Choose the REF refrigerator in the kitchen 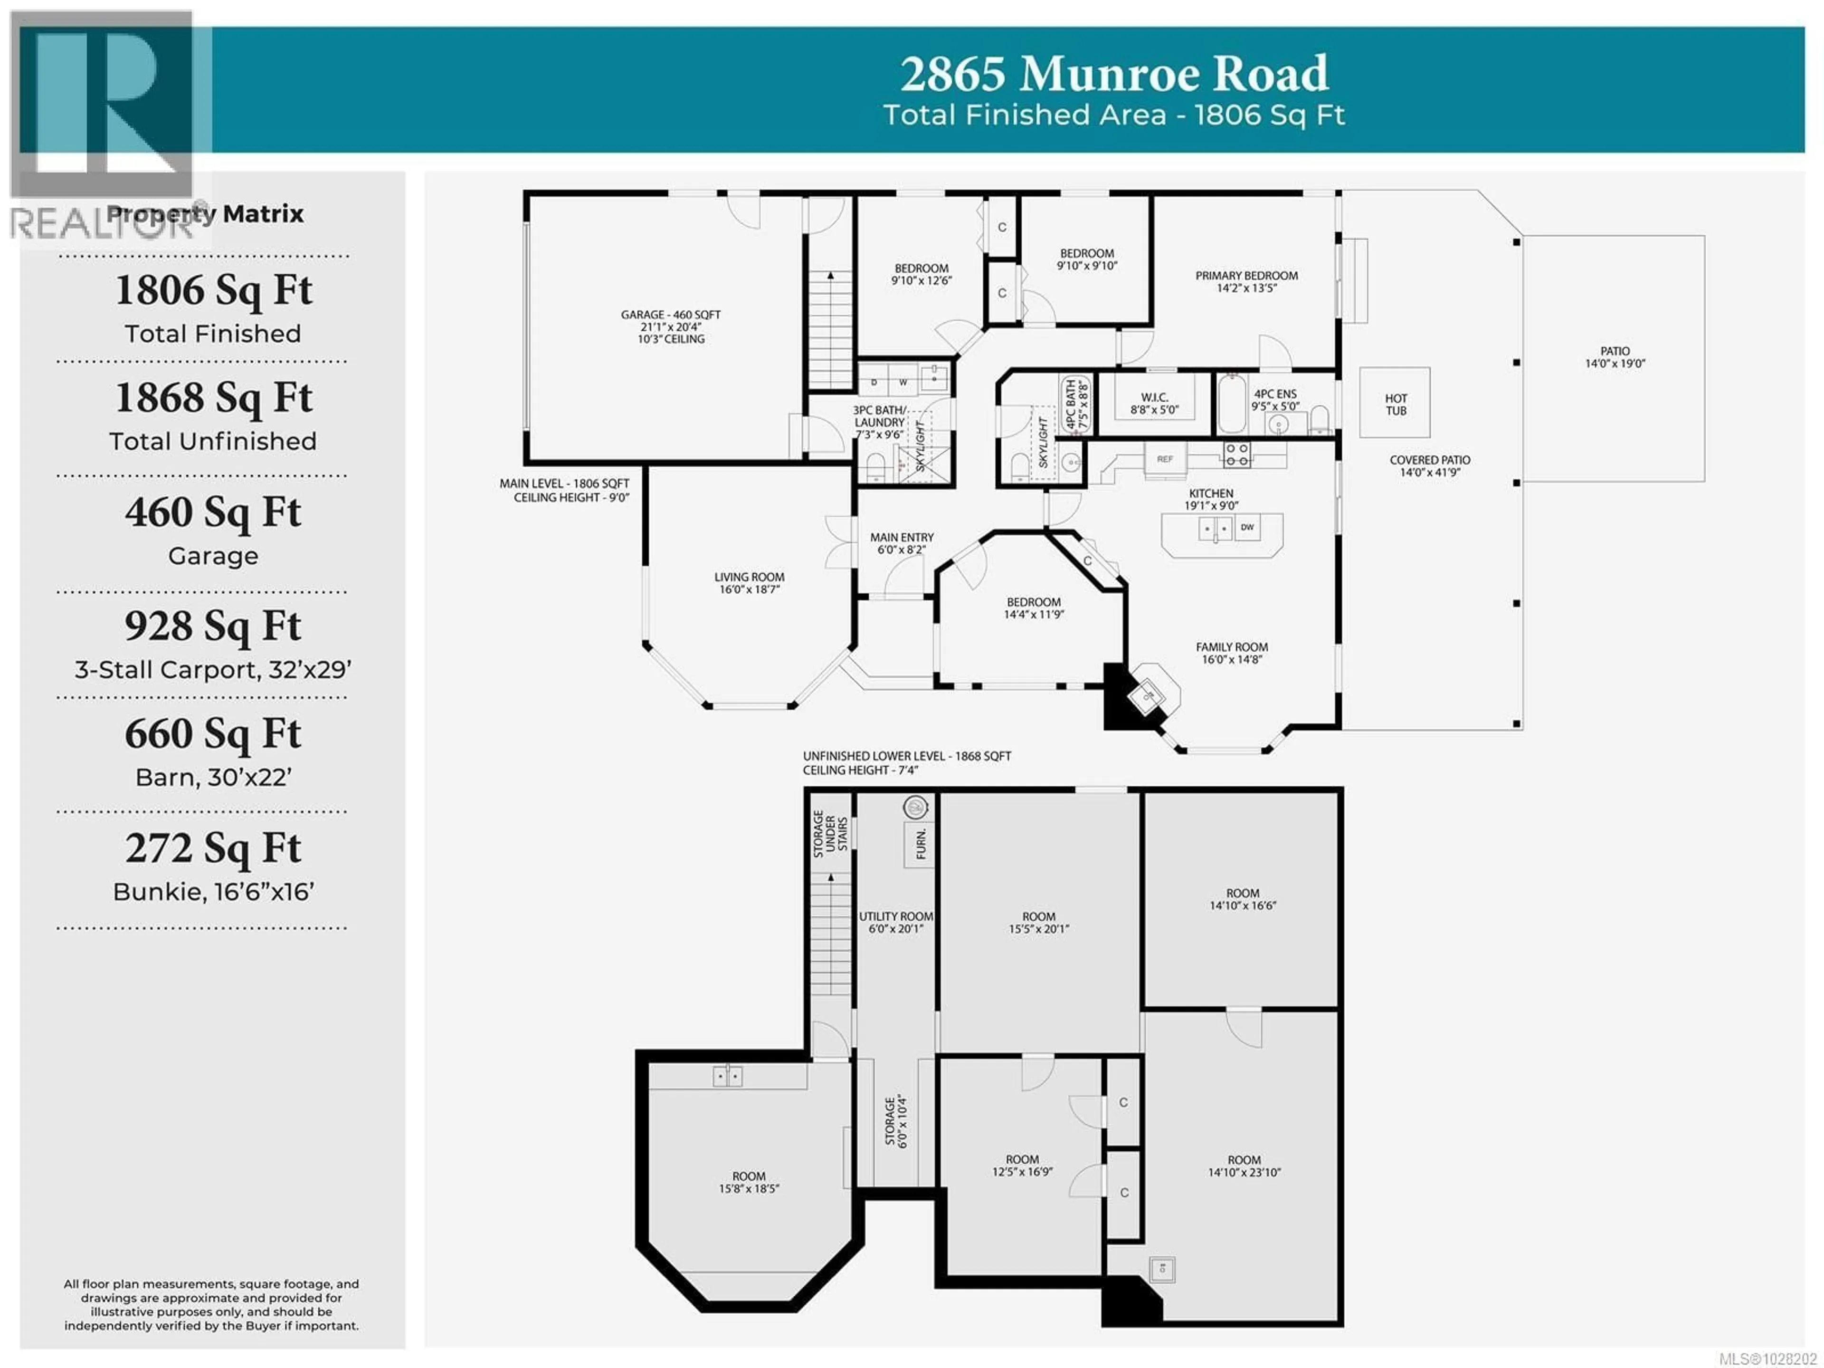click(x=1164, y=459)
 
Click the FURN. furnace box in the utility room click(x=920, y=843)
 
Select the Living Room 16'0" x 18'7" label click(x=749, y=582)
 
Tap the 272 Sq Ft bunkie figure click(x=213, y=848)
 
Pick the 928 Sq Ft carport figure click(x=213, y=626)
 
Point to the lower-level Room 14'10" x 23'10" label click(x=1244, y=1166)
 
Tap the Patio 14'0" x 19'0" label click(x=1615, y=356)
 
